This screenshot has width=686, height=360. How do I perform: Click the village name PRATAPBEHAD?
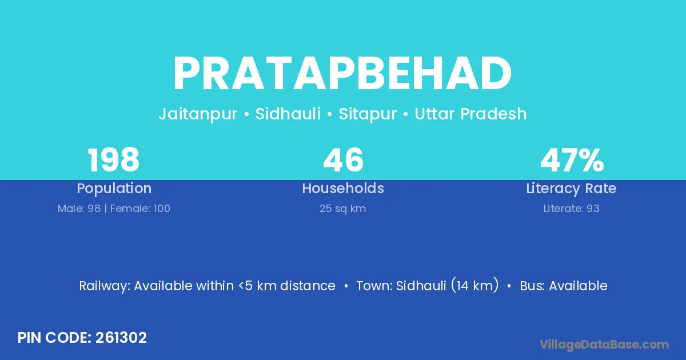pyautogui.click(x=342, y=74)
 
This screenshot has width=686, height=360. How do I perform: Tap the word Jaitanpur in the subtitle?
pyautogui.click(x=198, y=114)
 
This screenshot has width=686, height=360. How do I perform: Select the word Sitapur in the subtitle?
pyautogui.click(x=368, y=114)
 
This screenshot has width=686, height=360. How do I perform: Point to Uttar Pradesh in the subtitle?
pyautogui.click(x=470, y=114)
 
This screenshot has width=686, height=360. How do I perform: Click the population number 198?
pyautogui.click(x=114, y=160)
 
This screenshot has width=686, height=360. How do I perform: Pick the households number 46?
pyautogui.click(x=344, y=160)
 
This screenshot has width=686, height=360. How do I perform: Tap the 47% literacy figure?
pyautogui.click(x=572, y=160)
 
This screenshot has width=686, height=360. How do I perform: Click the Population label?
pyautogui.click(x=114, y=189)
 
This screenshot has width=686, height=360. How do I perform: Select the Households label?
pyautogui.click(x=343, y=188)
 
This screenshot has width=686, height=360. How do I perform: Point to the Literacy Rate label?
pyautogui.click(x=571, y=189)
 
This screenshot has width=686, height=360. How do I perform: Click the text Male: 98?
pyautogui.click(x=79, y=209)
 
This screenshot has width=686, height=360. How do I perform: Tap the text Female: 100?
pyautogui.click(x=140, y=209)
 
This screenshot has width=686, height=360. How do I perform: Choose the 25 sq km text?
pyautogui.click(x=342, y=209)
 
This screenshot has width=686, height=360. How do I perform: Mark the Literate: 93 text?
pyautogui.click(x=571, y=209)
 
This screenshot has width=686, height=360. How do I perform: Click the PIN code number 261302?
pyautogui.click(x=121, y=338)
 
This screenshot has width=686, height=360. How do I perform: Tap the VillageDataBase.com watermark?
pyautogui.click(x=604, y=345)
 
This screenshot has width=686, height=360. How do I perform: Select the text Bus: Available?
pyautogui.click(x=564, y=286)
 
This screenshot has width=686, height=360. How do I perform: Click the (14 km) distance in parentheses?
pyautogui.click(x=474, y=285)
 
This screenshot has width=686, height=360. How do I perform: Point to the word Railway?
pyautogui.click(x=105, y=286)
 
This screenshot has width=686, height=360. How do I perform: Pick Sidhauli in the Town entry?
pyautogui.click(x=421, y=286)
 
